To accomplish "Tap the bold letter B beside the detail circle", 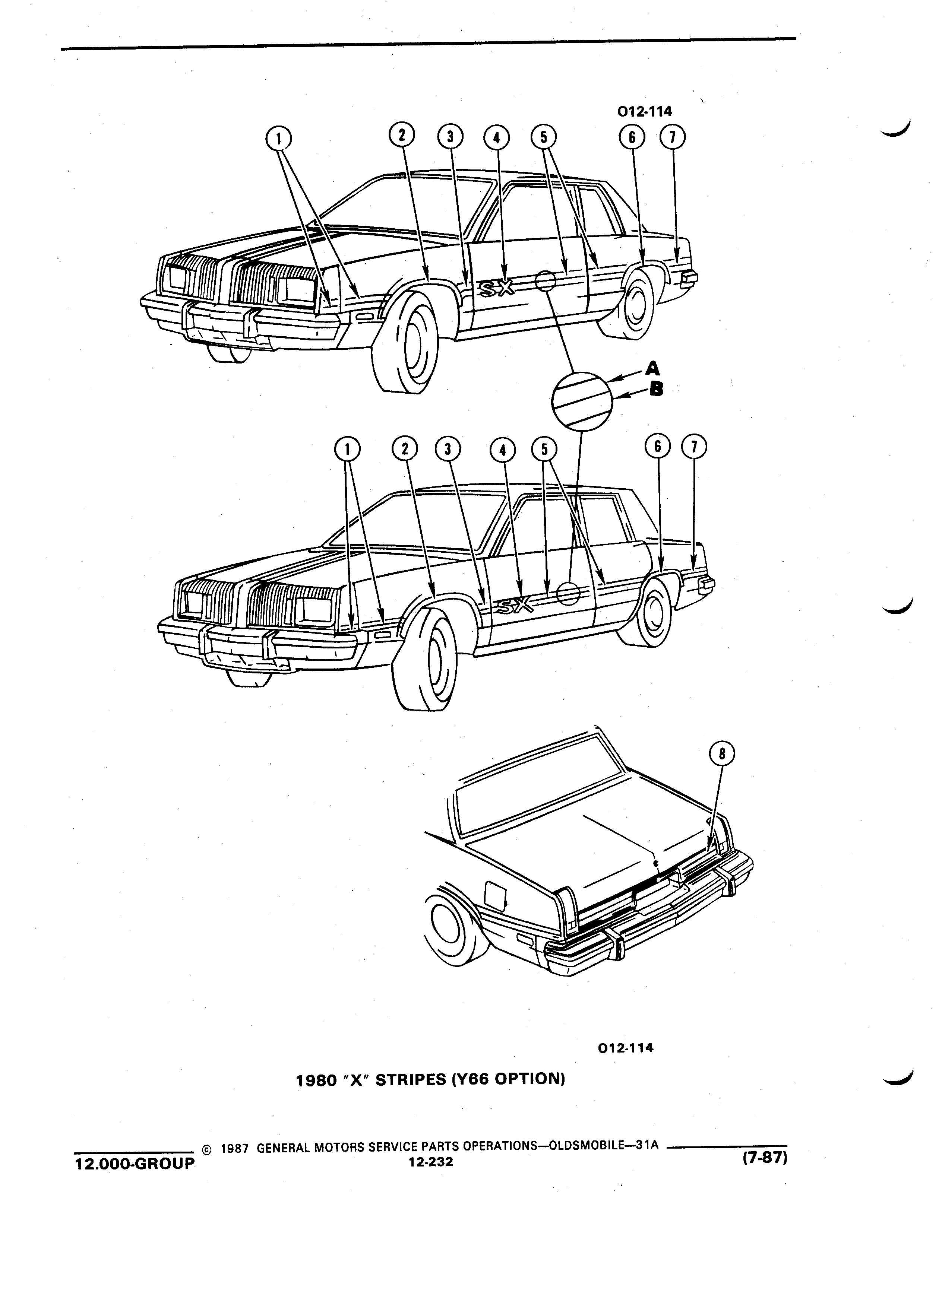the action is [656, 390].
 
